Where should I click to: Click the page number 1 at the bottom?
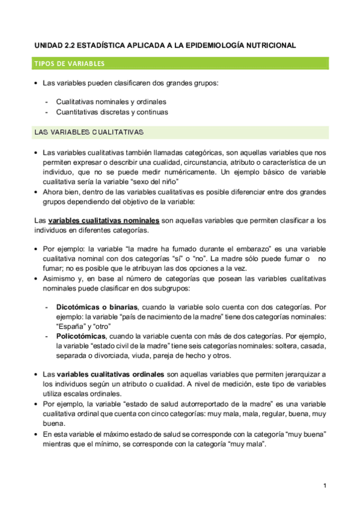click(x=325, y=485)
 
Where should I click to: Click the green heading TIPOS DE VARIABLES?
click(x=70, y=63)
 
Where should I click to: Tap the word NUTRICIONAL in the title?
click(x=267, y=45)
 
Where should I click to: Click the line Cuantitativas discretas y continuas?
click(x=112, y=112)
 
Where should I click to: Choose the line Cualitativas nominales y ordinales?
click(x=111, y=102)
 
